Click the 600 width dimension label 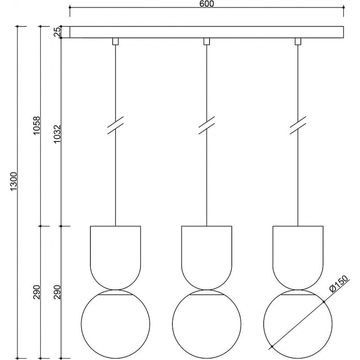point(206,4)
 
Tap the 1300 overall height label point(14,181)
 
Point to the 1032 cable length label point(57,133)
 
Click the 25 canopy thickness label point(57,32)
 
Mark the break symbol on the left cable point(116,125)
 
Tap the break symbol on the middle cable point(206,125)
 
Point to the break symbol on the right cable point(298,125)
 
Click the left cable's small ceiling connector point(116,41)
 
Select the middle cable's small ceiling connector point(206,41)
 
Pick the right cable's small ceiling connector point(298,41)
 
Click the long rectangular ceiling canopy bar point(206,32)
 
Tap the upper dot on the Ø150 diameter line point(324,301)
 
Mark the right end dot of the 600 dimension point(343,8)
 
